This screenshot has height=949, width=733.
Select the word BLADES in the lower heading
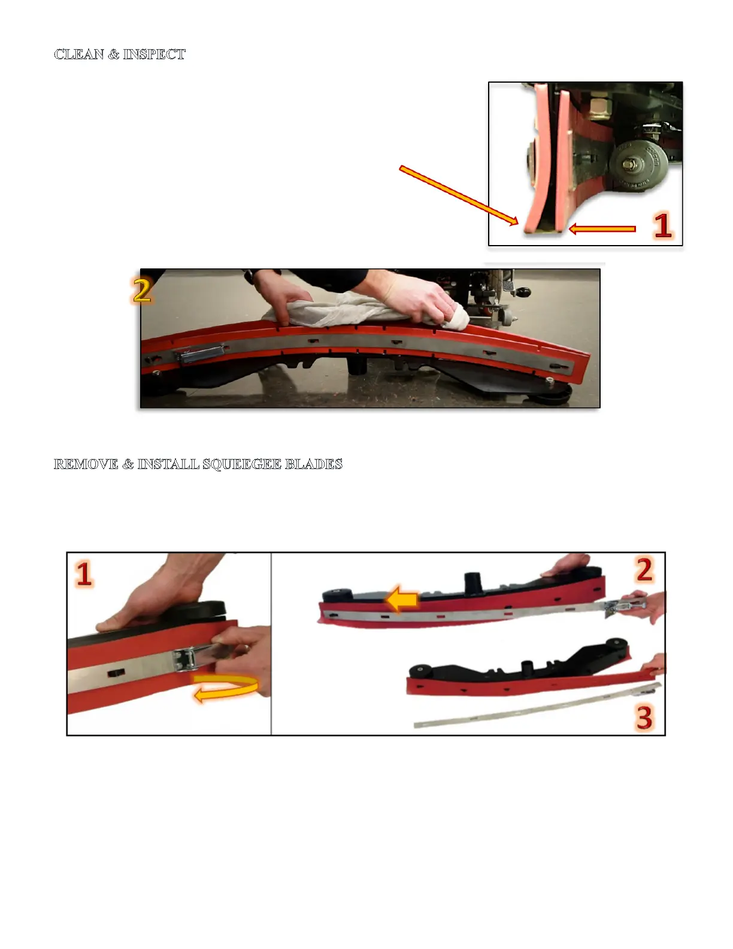coord(314,464)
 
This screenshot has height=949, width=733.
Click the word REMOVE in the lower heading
coord(86,464)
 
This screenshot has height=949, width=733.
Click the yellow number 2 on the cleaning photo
coord(142,290)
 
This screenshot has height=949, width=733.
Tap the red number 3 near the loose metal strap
coord(644,717)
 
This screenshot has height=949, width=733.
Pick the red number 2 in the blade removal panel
coord(644,570)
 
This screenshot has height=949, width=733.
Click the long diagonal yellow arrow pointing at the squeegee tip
coord(459,195)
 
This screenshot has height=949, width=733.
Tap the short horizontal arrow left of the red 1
coord(602,229)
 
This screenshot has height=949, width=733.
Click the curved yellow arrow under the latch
coord(226,688)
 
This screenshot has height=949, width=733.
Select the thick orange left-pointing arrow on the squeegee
coord(402,601)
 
